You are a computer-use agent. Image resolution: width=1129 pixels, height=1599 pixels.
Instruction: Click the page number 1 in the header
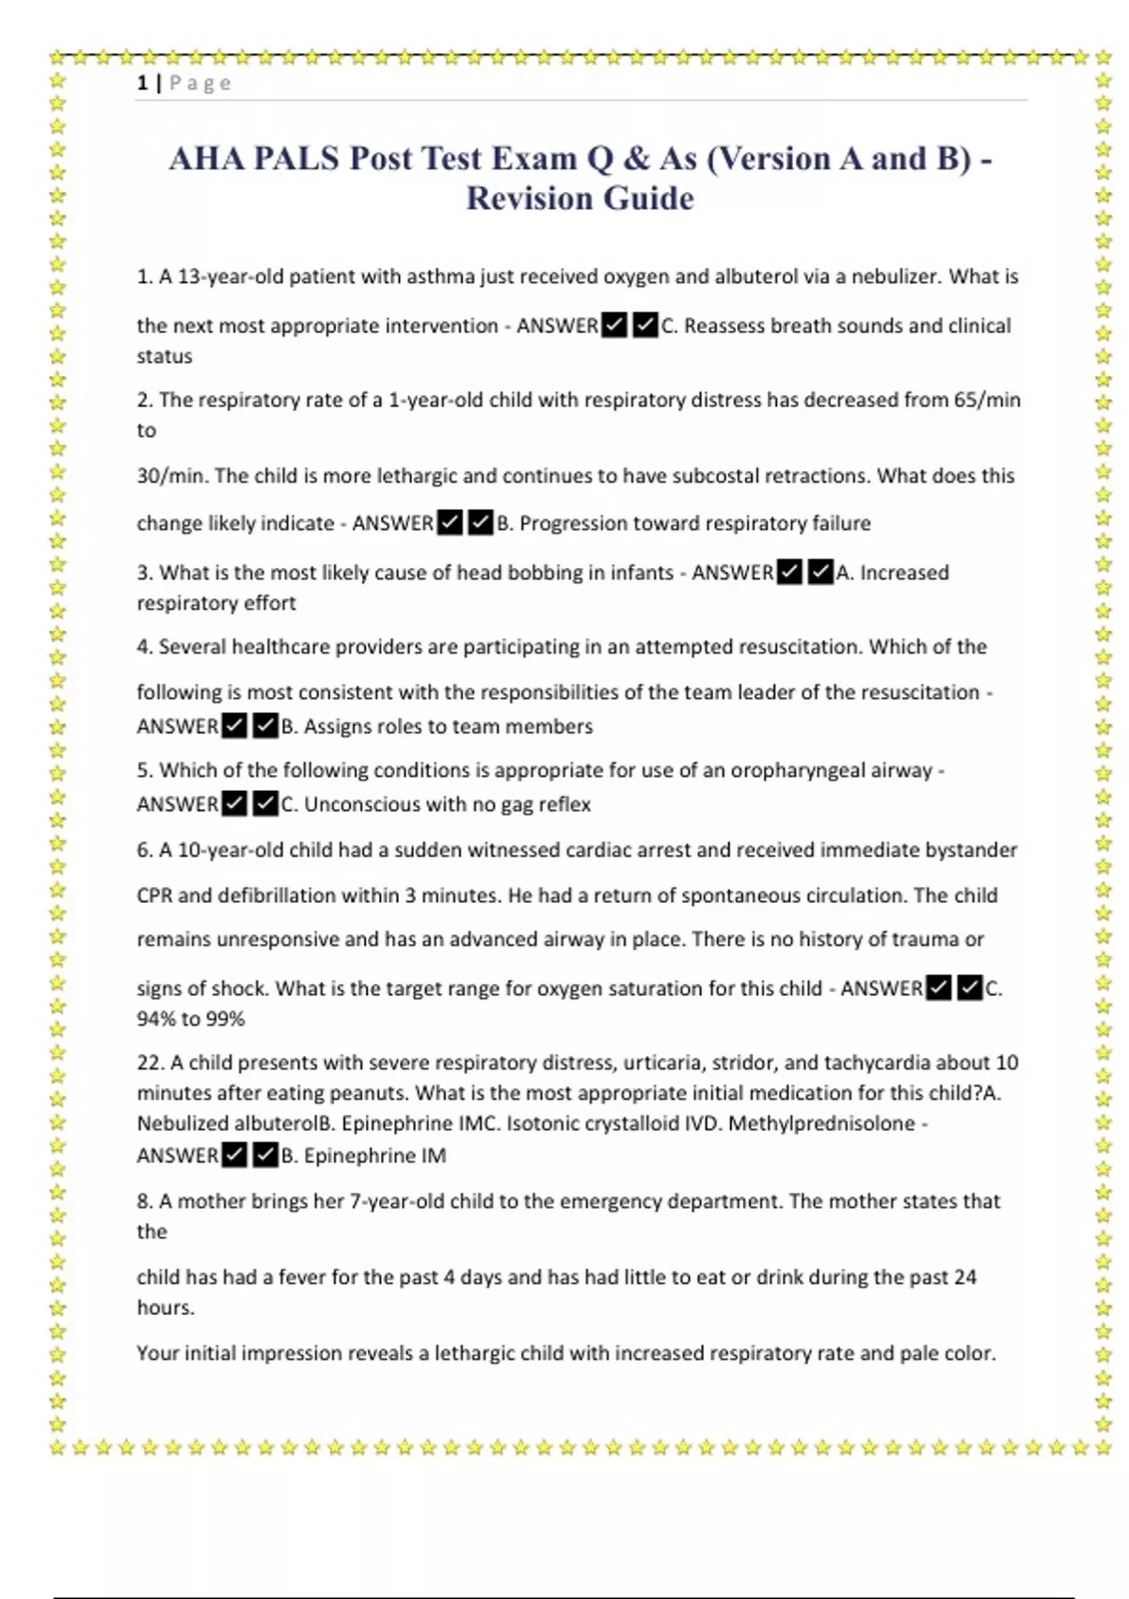[142, 83]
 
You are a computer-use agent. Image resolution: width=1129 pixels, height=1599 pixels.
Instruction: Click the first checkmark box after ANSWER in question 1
[614, 326]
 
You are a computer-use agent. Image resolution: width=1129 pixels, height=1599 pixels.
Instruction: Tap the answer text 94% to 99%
[191, 1019]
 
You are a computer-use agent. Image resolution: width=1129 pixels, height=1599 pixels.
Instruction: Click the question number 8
[143, 1201]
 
